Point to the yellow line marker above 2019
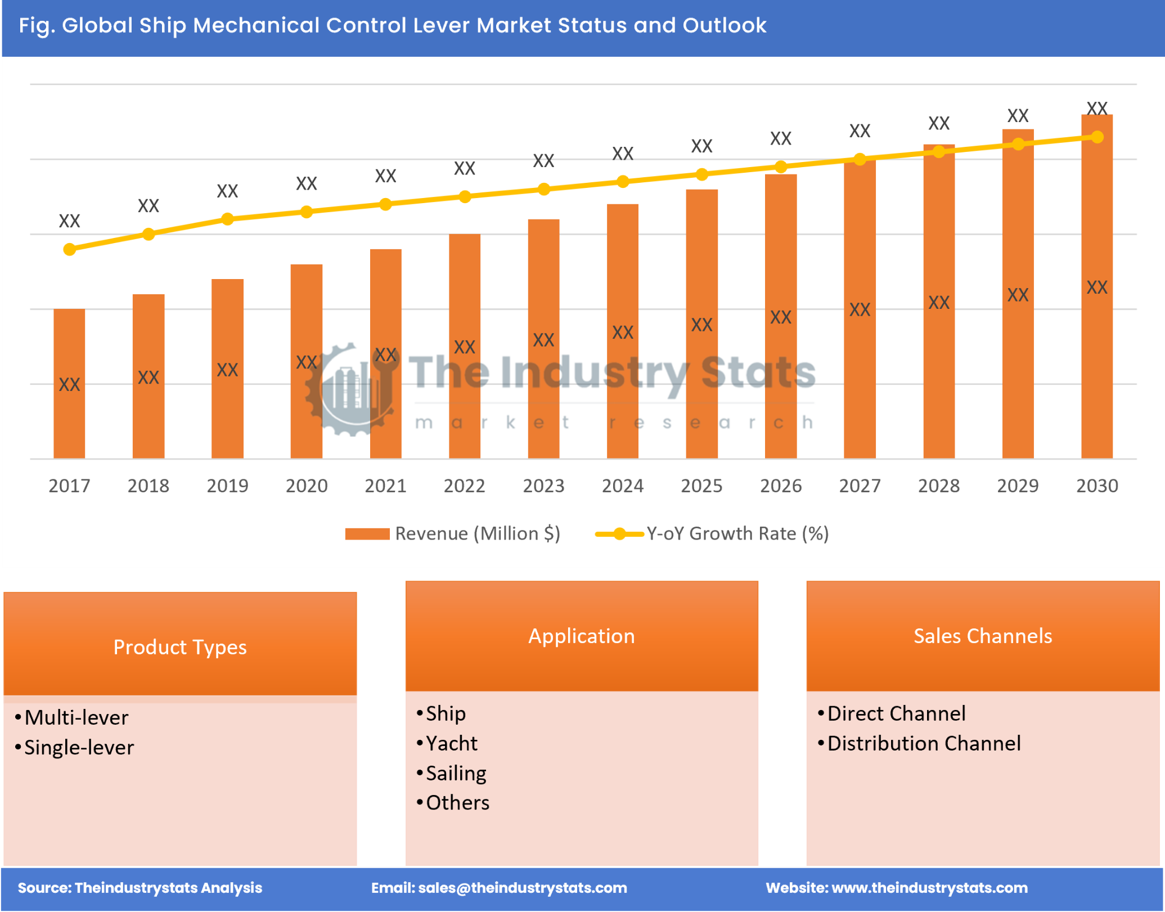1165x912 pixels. [x=227, y=219]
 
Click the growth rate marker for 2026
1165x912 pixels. [x=780, y=167]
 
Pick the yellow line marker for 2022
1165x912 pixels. [x=465, y=196]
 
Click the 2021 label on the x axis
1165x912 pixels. [x=385, y=486]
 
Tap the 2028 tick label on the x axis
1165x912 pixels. [x=938, y=486]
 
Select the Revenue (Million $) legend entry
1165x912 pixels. [x=452, y=533]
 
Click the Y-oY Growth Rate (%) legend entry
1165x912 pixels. [x=712, y=533]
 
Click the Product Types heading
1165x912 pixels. [x=180, y=647]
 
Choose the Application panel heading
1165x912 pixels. [x=582, y=636]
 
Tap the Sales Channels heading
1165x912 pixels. [x=982, y=636]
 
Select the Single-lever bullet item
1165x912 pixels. [x=79, y=747]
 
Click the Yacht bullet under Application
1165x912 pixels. [x=451, y=743]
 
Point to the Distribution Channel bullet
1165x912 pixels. [x=923, y=743]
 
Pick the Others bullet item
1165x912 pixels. [x=457, y=803]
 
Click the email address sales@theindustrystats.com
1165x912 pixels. [x=522, y=887]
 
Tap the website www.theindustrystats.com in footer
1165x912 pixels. [x=929, y=887]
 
